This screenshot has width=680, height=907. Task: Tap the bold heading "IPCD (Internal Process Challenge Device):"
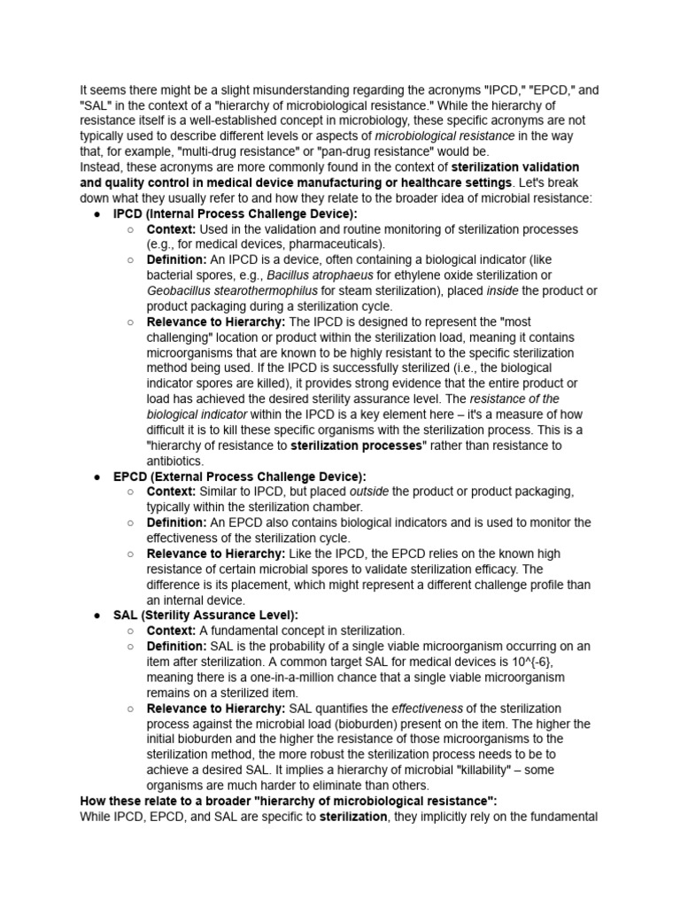click(x=235, y=213)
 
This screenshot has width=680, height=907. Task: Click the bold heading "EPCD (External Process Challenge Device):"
click(x=239, y=476)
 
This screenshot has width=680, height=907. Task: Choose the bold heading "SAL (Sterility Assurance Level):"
click(x=205, y=615)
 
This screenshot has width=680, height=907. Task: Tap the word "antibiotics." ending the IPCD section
click(x=176, y=461)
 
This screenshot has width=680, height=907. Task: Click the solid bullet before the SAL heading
click(x=96, y=615)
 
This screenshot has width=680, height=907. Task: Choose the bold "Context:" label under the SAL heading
click(x=171, y=631)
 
